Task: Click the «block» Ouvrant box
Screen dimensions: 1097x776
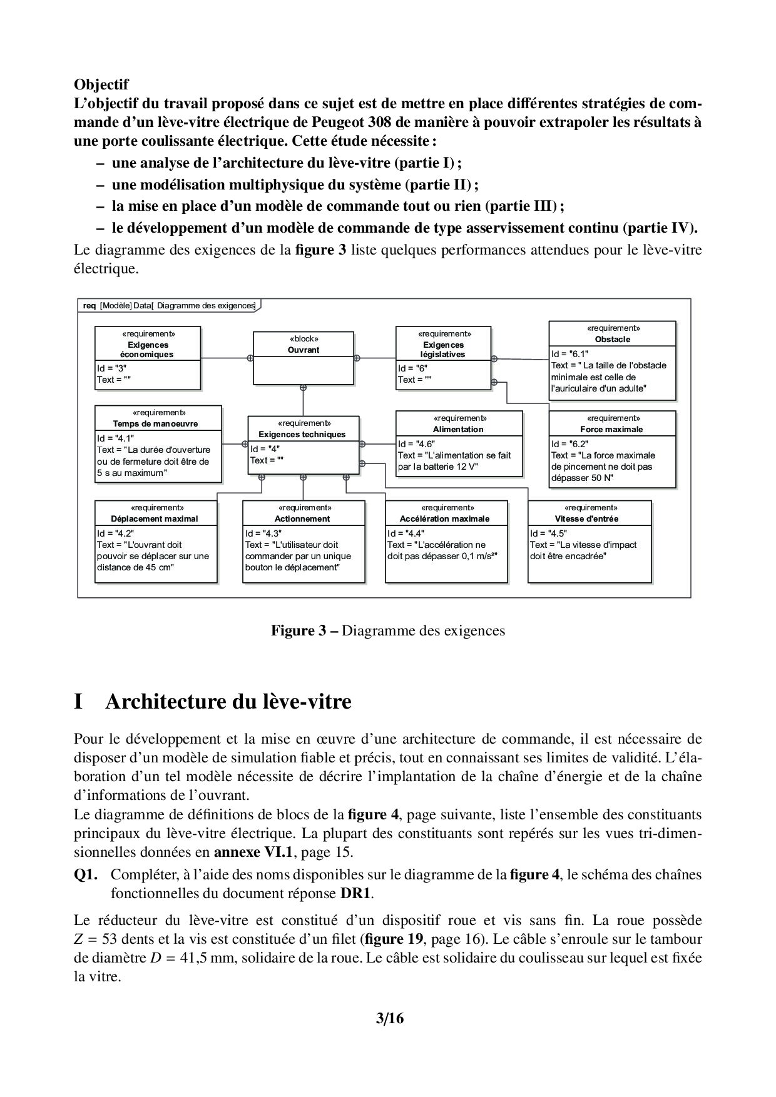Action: click(303, 358)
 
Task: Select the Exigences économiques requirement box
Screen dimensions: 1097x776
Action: click(148, 358)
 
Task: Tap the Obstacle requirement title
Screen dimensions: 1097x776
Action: click(612, 339)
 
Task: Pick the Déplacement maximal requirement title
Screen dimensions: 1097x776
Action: click(155, 518)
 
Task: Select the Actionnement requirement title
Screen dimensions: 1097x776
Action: click(302, 518)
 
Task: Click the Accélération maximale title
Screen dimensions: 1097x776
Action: click(445, 518)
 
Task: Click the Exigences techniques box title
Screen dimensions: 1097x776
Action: click(302, 434)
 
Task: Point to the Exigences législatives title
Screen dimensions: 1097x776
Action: click(443, 350)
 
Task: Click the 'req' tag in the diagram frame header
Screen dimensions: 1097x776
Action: click(89, 305)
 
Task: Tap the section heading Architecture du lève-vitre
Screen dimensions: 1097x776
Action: click(228, 702)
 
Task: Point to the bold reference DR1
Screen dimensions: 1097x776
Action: click(356, 893)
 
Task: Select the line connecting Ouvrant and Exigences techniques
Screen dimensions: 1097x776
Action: click(303, 401)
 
